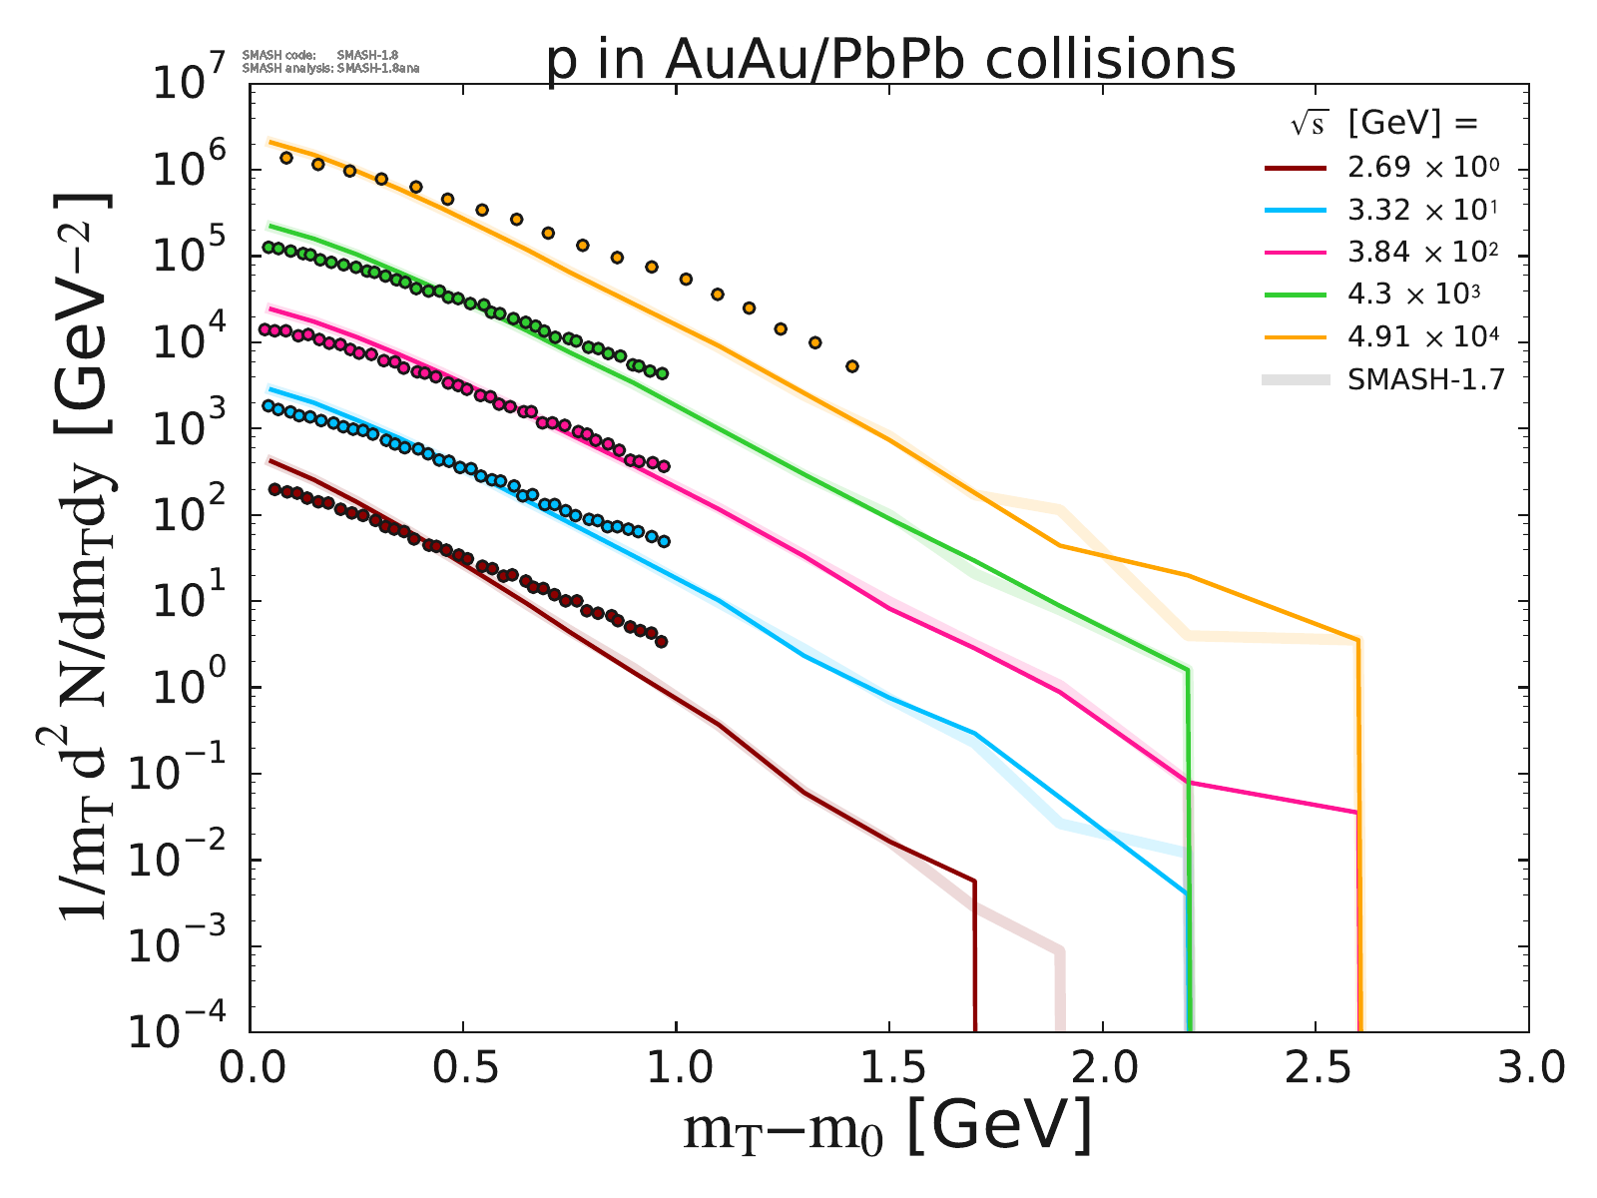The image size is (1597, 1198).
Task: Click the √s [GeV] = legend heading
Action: coord(1382,124)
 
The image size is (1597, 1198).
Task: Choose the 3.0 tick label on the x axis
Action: coord(1527,1069)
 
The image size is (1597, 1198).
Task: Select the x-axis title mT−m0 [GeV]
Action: coord(887,1129)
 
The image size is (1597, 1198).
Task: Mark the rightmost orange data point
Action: coord(851,366)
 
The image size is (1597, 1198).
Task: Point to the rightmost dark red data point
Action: coord(661,642)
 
